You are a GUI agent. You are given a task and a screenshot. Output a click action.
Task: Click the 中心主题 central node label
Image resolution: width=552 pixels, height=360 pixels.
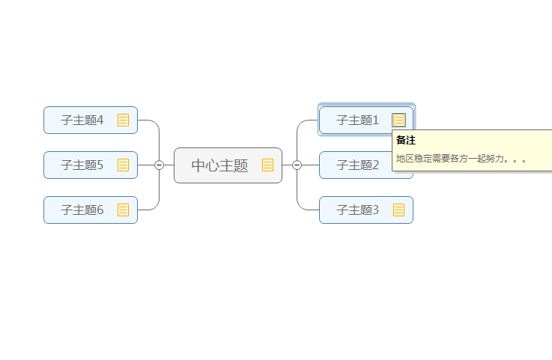click(x=219, y=165)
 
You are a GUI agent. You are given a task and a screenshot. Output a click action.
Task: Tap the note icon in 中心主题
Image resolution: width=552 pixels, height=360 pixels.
click(x=267, y=165)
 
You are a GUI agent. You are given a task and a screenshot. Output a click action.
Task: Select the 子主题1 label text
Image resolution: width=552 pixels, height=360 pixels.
click(x=357, y=120)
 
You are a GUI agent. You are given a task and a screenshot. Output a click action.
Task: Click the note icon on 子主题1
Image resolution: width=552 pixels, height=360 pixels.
click(x=398, y=120)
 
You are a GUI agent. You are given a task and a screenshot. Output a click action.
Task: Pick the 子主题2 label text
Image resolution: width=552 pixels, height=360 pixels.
click(x=357, y=165)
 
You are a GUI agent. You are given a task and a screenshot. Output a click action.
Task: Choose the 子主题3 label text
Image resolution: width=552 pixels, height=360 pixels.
click(x=357, y=210)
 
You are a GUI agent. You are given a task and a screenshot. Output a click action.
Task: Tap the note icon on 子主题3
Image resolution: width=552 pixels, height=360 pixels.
click(x=398, y=210)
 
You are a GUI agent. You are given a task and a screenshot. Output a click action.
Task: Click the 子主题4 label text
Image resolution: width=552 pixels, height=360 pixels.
click(x=82, y=120)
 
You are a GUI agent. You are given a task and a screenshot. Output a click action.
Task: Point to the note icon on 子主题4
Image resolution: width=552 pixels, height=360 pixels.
click(x=123, y=120)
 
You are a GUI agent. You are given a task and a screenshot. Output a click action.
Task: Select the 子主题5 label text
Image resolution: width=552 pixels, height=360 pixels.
click(x=82, y=165)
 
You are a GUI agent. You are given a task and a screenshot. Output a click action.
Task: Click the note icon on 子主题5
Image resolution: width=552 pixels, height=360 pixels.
click(x=123, y=165)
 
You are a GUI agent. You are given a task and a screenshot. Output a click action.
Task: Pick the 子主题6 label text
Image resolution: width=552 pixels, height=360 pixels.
click(x=82, y=210)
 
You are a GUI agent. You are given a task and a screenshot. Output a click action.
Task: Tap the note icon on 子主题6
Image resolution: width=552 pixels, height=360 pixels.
click(x=123, y=210)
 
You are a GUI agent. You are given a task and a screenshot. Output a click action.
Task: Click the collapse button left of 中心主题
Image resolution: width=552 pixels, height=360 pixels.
click(x=159, y=165)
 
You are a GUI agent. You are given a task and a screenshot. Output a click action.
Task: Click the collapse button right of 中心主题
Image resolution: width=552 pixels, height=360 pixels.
click(x=297, y=165)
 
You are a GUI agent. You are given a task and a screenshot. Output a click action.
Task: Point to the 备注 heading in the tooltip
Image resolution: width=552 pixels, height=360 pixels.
click(x=405, y=140)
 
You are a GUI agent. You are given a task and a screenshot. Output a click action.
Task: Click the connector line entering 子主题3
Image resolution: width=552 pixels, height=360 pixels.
click(x=309, y=210)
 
